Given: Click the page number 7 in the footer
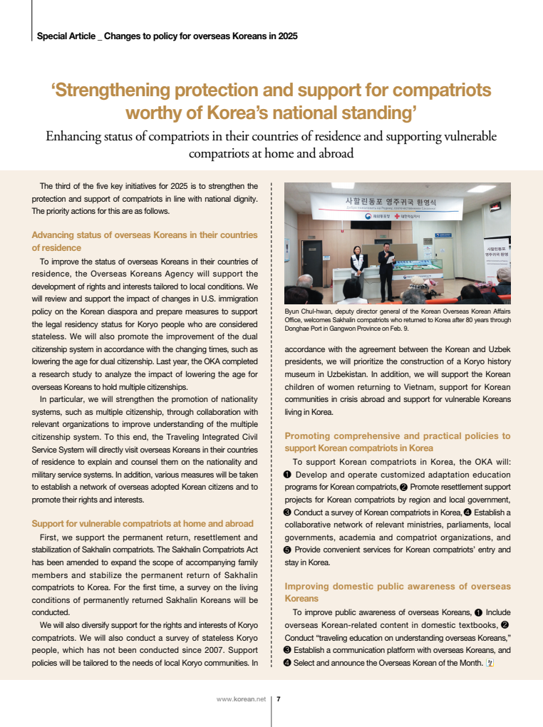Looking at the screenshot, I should (x=278, y=699).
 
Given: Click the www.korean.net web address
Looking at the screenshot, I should (x=241, y=699).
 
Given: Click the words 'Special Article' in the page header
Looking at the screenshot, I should (x=66, y=36).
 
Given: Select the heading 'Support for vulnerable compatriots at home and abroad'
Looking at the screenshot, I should (x=143, y=524).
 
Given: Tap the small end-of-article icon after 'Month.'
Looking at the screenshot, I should (x=490, y=664).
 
